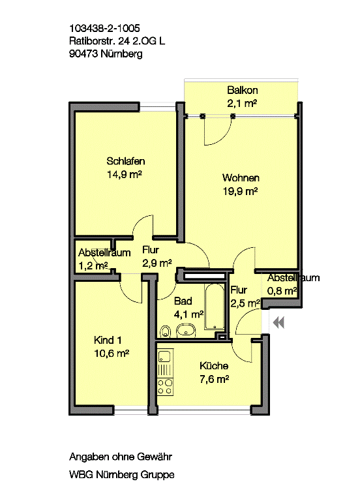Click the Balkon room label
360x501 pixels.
coord(243,91)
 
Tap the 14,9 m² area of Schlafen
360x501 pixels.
coord(125,174)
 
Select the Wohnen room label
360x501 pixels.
coord(241,177)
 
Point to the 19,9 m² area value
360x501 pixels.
coord(240,191)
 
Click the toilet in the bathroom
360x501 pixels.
coord(165,331)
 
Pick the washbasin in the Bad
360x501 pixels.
coord(186,330)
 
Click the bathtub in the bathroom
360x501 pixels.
coord(215,307)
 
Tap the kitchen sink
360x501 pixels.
coord(165,356)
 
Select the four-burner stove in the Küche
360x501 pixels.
coord(165,386)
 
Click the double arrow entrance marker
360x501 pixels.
coord(278,323)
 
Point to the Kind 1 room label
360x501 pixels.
coord(108,340)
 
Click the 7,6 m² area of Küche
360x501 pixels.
coord(215,379)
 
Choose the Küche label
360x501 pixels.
coord(214,365)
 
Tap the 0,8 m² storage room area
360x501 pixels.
coord(282,291)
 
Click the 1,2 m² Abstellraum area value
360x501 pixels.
coord(93,266)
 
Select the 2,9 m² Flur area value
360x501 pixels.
coord(157,263)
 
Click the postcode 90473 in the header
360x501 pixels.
coord(83,53)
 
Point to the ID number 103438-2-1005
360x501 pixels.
coord(104,28)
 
